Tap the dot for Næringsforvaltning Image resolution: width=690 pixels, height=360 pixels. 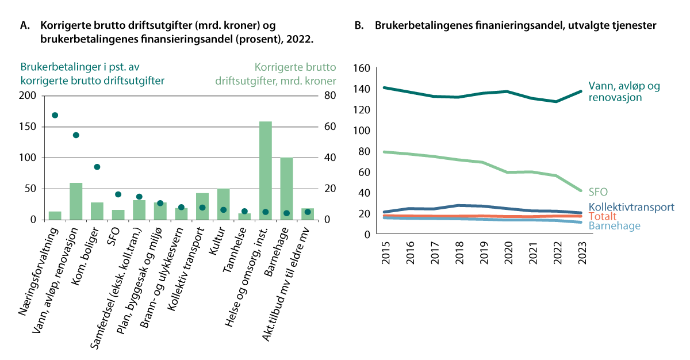pos(55,116)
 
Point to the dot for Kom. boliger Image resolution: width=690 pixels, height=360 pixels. pos(97,167)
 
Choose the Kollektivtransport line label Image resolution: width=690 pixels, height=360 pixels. pos(631,208)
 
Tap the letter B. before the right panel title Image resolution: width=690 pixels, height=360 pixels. pos(359,26)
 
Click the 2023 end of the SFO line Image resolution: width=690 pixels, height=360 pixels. pos(581,190)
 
